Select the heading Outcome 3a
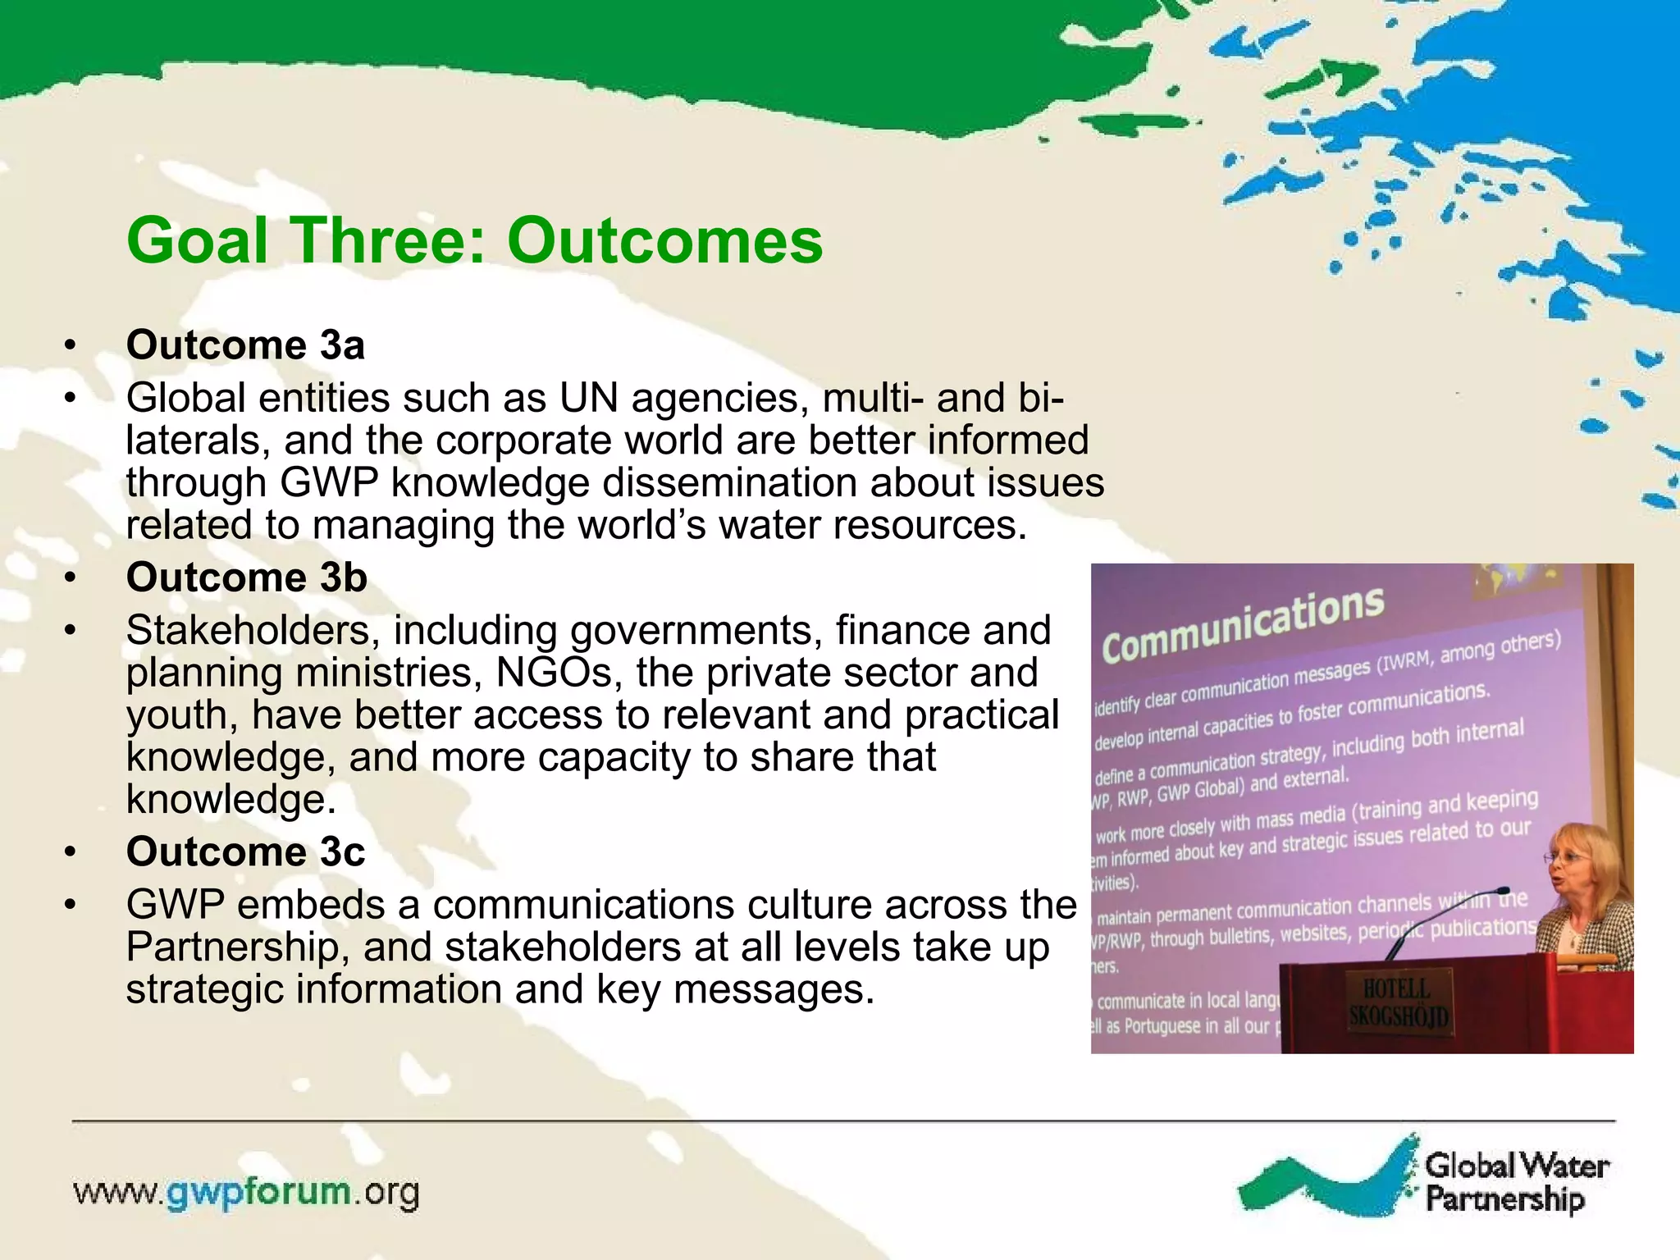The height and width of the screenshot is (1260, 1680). (245, 345)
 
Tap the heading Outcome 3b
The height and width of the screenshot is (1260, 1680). (246, 577)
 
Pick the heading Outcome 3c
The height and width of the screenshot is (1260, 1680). (245, 851)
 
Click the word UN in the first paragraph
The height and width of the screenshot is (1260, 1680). (588, 399)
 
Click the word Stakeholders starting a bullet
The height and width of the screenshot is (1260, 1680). (253, 631)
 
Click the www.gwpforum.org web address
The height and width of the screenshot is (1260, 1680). (246, 1192)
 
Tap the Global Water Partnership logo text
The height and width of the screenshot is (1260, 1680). (1516, 1181)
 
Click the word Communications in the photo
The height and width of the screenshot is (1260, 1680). (1242, 626)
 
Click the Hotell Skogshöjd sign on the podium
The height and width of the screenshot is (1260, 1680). (1398, 1003)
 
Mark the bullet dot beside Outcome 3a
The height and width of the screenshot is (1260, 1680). (71, 345)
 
